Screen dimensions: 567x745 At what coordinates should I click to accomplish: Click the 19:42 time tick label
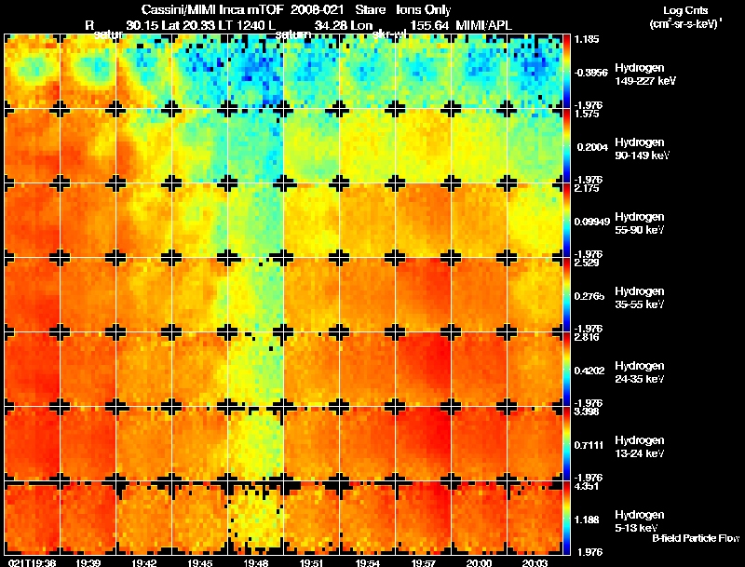pyautogui.click(x=144, y=561)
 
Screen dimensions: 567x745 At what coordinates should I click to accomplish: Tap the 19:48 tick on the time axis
pyautogui.click(x=256, y=561)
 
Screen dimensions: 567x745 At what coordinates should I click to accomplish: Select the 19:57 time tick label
pyautogui.click(x=424, y=561)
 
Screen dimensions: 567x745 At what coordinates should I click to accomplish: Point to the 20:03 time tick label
pyautogui.click(x=535, y=561)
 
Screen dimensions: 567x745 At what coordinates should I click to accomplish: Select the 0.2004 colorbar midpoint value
pyautogui.click(x=589, y=147)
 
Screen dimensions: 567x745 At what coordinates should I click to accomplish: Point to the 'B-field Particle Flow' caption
pyautogui.click(x=695, y=538)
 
